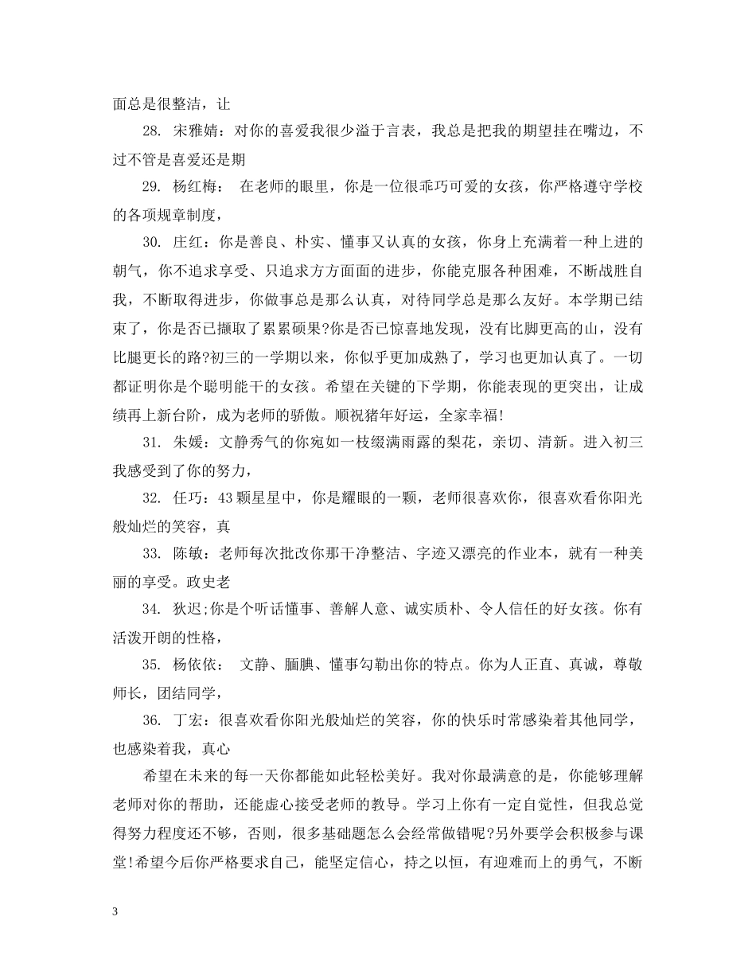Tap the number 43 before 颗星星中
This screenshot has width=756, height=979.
click(224, 498)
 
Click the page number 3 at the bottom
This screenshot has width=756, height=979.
click(115, 911)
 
